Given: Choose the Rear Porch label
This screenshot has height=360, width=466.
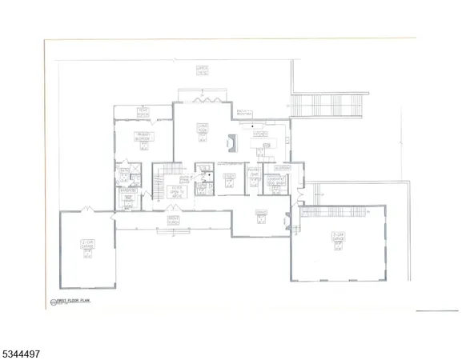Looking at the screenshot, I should (143, 111).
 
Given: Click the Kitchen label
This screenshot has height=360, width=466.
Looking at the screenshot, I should (260, 135).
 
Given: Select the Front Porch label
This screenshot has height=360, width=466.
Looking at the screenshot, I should (173, 218).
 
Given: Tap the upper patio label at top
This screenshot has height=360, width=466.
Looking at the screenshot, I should (202, 70).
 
